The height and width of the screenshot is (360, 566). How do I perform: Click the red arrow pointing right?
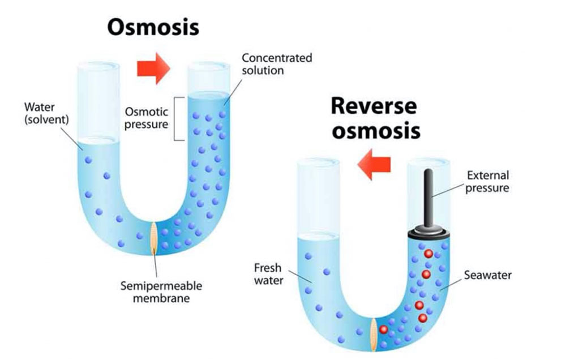coord(153,68)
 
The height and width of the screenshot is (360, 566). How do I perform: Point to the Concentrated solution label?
coord(276,64)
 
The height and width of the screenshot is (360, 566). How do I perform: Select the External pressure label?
coord(487,181)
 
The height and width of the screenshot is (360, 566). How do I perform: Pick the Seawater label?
coord(487,276)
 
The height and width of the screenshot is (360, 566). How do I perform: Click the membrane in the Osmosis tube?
coord(154,237)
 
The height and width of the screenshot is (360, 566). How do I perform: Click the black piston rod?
coord(428,195)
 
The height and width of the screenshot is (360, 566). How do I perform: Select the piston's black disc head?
coord(428,229)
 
